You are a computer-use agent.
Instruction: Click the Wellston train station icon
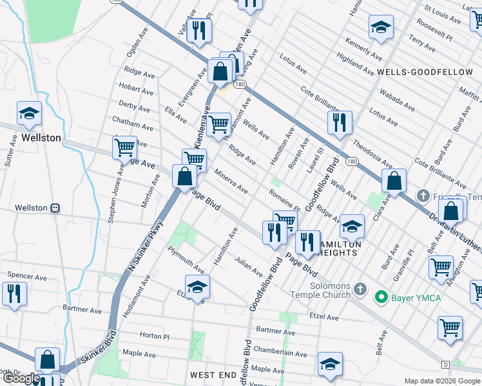pyautogui.click(x=55, y=208)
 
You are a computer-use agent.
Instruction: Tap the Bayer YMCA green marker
pyautogui.click(x=381, y=297)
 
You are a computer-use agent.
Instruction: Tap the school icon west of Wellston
pyautogui.click(x=29, y=114)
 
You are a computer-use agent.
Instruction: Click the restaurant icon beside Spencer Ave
pyautogui.click(x=14, y=293)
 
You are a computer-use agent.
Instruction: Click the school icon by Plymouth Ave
pyautogui.click(x=198, y=286)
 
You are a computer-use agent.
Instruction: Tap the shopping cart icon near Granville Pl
pyautogui.click(x=441, y=266)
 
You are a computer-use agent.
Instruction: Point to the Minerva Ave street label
pyautogui.click(x=231, y=181)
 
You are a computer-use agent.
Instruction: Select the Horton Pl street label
pyautogui.click(x=154, y=336)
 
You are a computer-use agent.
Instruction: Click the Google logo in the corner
pyautogui.click(x=21, y=378)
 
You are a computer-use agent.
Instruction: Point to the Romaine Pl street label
pyautogui.click(x=284, y=199)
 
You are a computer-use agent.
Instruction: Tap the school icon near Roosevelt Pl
pyautogui.click(x=381, y=27)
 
